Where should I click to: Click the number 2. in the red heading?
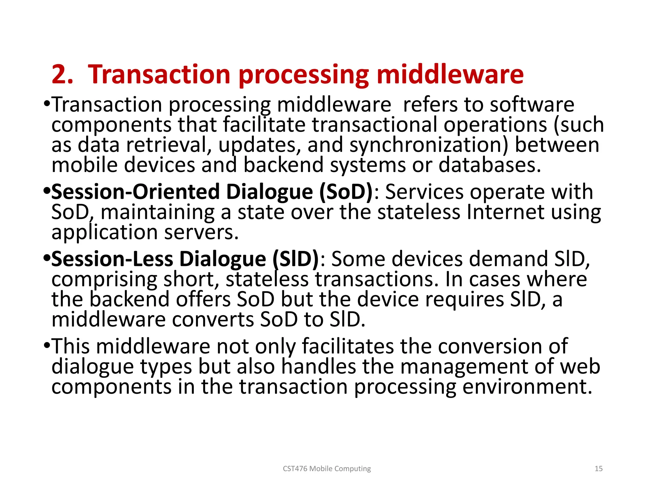click(x=62, y=74)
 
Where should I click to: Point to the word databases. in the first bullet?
click(x=490, y=165)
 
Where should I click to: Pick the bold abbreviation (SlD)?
click(x=296, y=259)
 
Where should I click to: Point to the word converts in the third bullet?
click(x=213, y=319)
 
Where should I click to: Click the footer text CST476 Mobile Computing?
click(x=327, y=469)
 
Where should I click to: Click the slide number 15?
click(x=598, y=469)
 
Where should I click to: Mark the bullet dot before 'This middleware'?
click(x=47, y=346)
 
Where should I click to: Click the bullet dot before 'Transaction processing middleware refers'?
click(x=47, y=104)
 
